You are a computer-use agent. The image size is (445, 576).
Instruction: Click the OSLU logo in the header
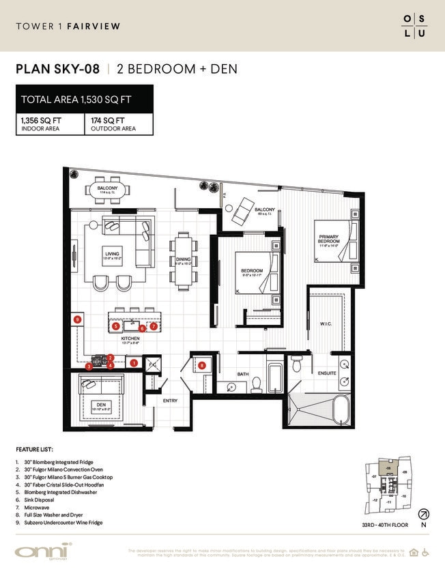(414, 26)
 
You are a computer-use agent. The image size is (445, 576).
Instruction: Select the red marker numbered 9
(78, 319)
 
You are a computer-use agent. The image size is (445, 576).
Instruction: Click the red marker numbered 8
(202, 366)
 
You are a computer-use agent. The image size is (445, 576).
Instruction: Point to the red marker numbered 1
(134, 364)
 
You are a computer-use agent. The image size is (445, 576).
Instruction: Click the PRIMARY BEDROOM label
(328, 240)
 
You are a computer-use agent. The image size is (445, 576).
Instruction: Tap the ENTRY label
(169, 401)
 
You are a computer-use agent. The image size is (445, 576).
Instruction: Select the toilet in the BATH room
(257, 387)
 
